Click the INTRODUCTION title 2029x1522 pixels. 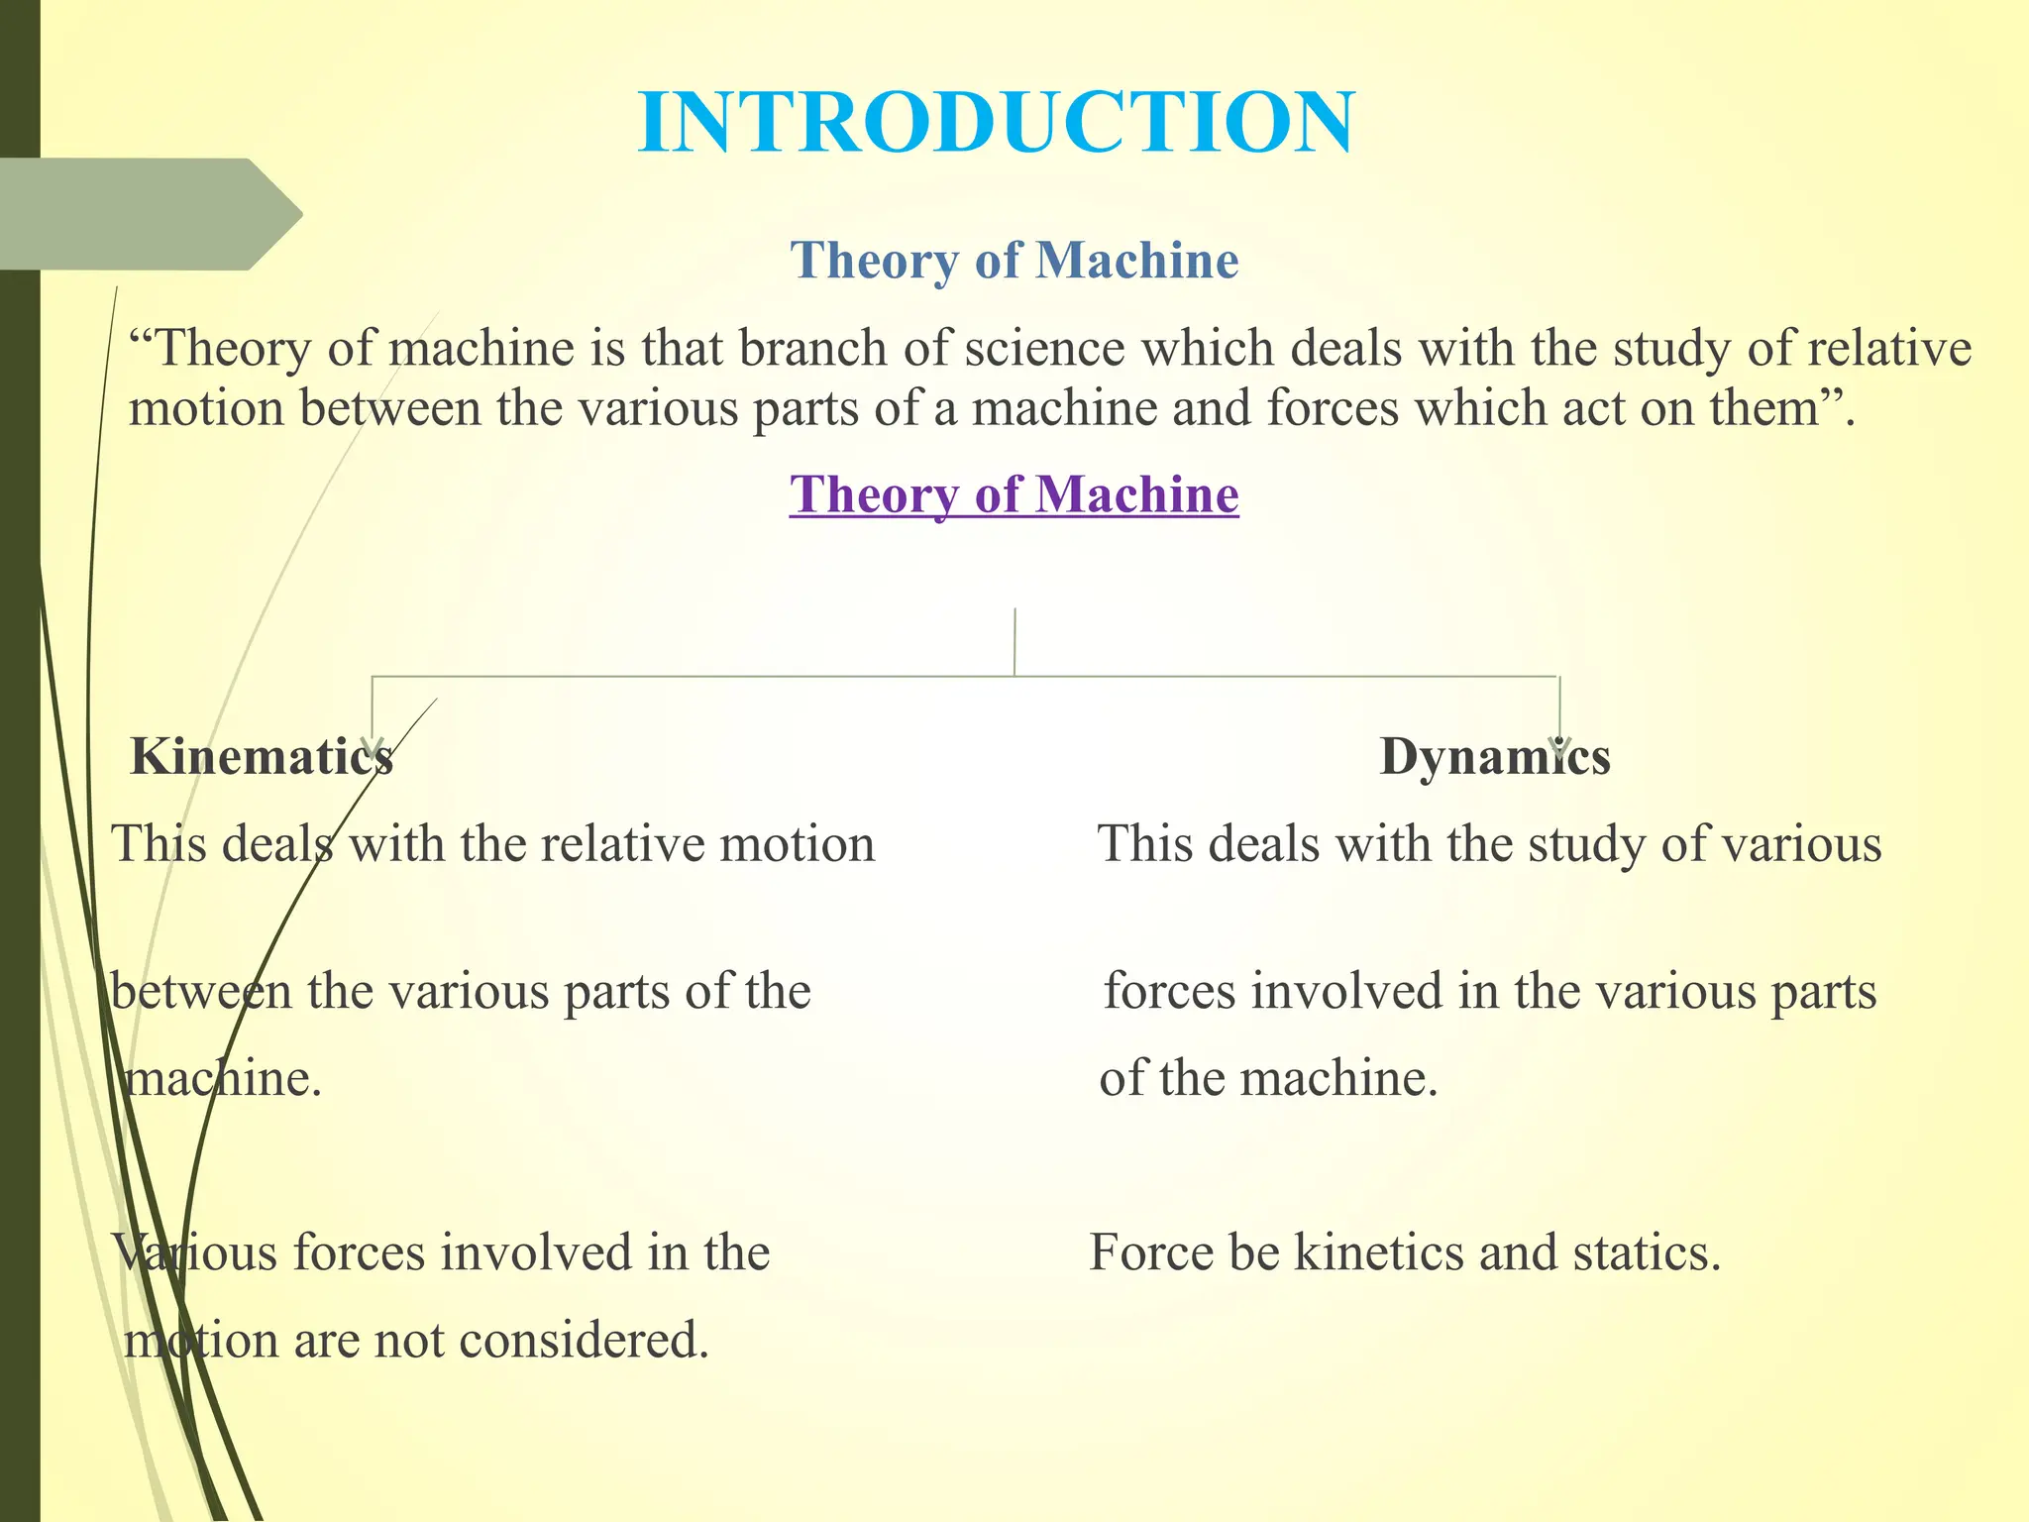[997, 123]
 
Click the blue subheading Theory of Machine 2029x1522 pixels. [1014, 261]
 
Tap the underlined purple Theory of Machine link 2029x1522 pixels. [1014, 494]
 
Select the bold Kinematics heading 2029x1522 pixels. [262, 757]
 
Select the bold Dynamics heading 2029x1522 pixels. [1494, 757]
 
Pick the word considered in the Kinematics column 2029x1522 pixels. [585, 1341]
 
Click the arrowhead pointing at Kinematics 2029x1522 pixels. [373, 745]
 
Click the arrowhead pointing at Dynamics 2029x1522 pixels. [1560, 745]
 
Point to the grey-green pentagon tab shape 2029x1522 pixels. [149, 214]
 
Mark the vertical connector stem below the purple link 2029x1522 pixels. [1014, 642]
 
